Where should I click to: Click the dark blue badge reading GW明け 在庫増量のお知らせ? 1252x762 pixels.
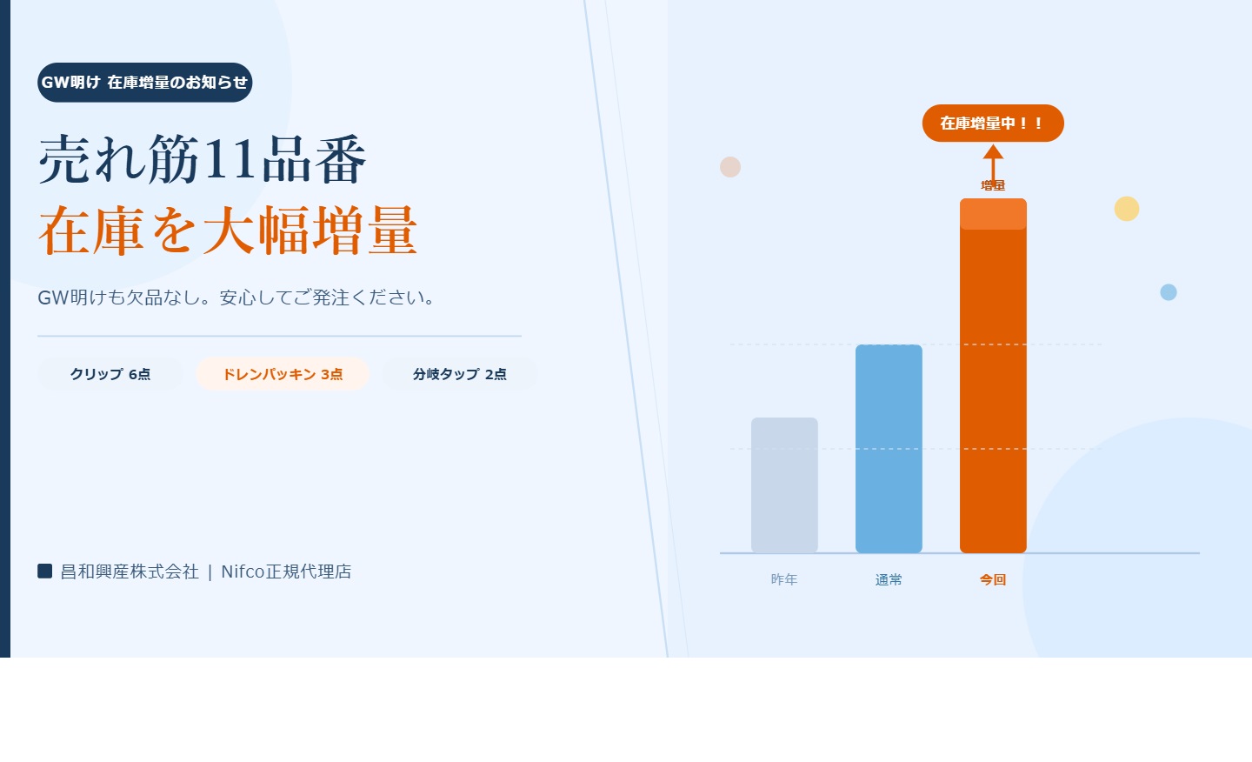(x=144, y=83)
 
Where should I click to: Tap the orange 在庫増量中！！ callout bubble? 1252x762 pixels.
(x=992, y=124)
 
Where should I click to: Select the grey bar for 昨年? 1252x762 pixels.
(x=784, y=485)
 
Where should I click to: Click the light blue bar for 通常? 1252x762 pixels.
(x=889, y=448)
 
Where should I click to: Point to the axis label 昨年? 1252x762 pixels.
(x=784, y=579)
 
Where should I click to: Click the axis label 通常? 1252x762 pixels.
(x=889, y=579)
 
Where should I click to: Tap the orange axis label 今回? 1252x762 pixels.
(x=993, y=579)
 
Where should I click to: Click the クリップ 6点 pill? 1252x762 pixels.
(x=110, y=374)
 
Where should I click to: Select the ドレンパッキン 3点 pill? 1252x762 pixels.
(x=283, y=374)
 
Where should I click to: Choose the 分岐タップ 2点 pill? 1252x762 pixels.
(x=460, y=374)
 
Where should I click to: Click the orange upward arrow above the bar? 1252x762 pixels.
(x=993, y=160)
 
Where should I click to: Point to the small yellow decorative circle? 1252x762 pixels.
(x=1127, y=209)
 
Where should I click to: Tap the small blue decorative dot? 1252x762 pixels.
(x=1169, y=292)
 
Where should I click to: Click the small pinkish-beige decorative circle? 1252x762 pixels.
(x=730, y=167)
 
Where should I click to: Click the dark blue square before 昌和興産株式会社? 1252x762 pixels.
(x=45, y=571)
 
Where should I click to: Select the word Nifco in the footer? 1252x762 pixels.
(x=243, y=571)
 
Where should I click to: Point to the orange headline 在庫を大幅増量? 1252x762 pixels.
(x=228, y=231)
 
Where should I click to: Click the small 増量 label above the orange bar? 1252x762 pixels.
(x=993, y=185)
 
